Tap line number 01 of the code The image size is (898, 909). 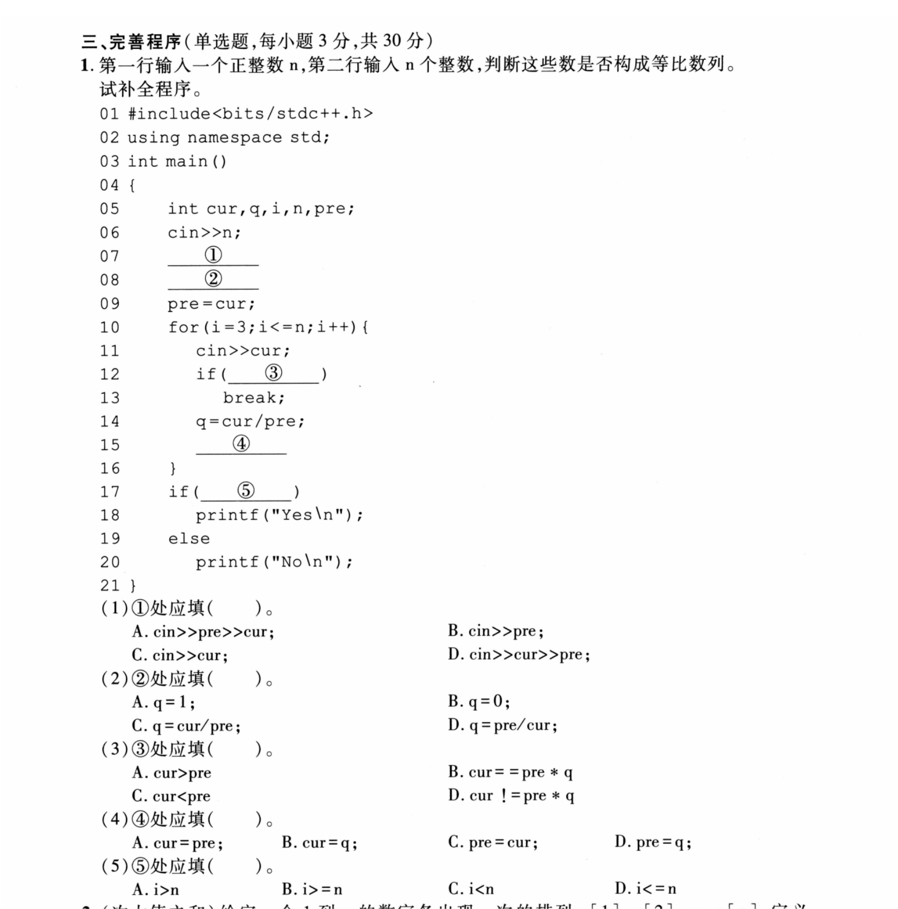(109, 114)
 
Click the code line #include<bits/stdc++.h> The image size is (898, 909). (250, 114)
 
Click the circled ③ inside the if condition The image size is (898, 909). (274, 373)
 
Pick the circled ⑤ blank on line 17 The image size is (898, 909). (245, 491)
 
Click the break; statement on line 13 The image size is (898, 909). (254, 398)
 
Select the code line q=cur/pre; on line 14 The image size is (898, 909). (250, 422)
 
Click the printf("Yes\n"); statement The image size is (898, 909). (279, 515)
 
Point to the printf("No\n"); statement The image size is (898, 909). (274, 562)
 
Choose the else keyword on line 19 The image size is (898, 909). (188, 538)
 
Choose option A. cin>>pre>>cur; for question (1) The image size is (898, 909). (203, 632)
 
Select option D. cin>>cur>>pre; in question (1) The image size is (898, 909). (519, 654)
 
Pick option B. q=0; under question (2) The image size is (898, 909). (479, 701)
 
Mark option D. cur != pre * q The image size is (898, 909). (511, 796)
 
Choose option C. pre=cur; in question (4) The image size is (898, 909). (493, 843)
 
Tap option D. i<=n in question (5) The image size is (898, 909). (646, 889)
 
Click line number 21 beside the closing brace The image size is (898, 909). (109, 586)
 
